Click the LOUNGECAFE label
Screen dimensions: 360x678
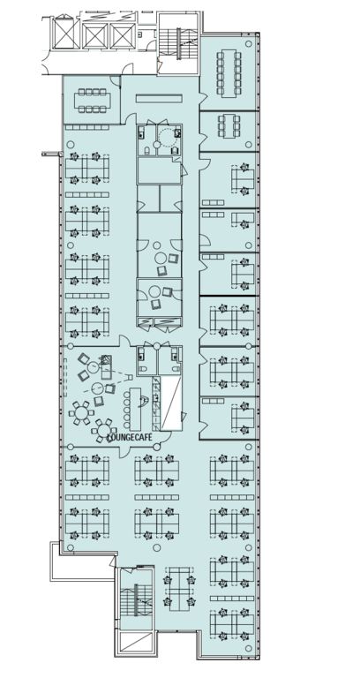pyautogui.click(x=130, y=438)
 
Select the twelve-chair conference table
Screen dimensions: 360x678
pyautogui.click(x=229, y=72)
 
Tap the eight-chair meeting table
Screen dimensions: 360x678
pyautogui.click(x=93, y=101)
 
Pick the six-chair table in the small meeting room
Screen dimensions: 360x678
pyautogui.click(x=229, y=125)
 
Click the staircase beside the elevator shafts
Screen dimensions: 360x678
pyautogui.click(x=177, y=44)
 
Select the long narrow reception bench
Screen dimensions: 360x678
pyautogui.click(x=159, y=99)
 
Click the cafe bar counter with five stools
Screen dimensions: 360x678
pyautogui.click(x=136, y=405)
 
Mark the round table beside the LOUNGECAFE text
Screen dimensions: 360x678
pyautogui.click(x=104, y=431)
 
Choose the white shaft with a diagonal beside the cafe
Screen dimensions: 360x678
pyautogui.click(x=171, y=403)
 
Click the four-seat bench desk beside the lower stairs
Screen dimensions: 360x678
pyautogui.click(x=180, y=589)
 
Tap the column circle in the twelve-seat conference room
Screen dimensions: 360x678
pyautogui.click(x=249, y=43)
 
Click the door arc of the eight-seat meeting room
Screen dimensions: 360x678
pyautogui.click(x=114, y=81)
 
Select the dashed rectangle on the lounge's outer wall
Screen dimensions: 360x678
pyautogui.click(x=65, y=380)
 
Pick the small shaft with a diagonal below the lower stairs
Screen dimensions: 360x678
pyautogui.click(x=135, y=643)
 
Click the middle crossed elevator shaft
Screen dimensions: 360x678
pyautogui.click(x=94, y=35)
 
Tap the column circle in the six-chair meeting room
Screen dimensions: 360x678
pyautogui.click(x=249, y=145)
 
